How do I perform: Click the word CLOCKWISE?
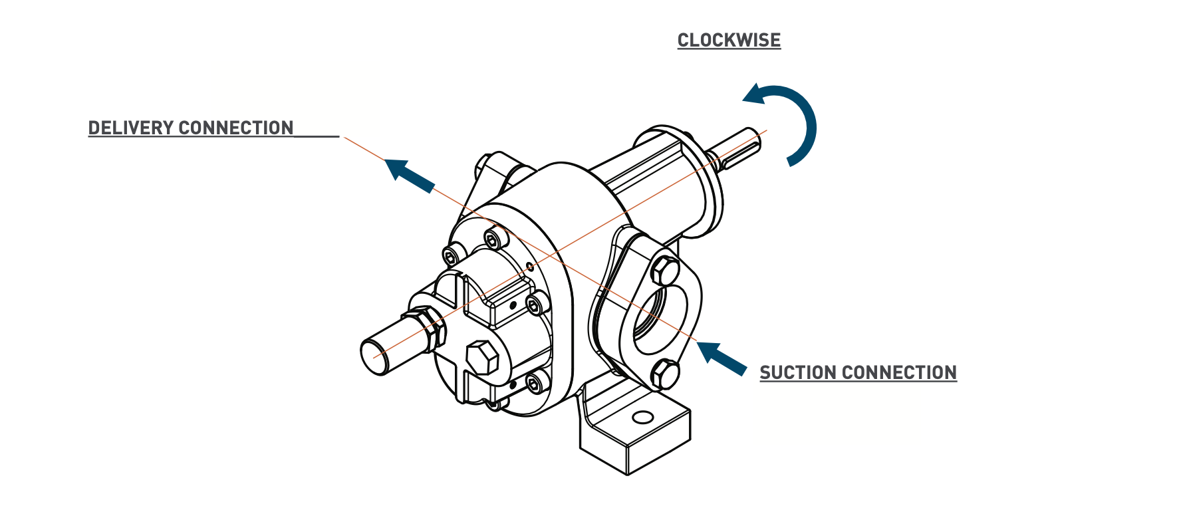729,41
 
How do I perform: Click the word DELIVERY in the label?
130,128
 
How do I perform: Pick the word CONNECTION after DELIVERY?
236,128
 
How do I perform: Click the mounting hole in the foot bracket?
642,417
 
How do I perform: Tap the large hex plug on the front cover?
482,358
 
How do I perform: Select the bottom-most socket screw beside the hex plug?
535,382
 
